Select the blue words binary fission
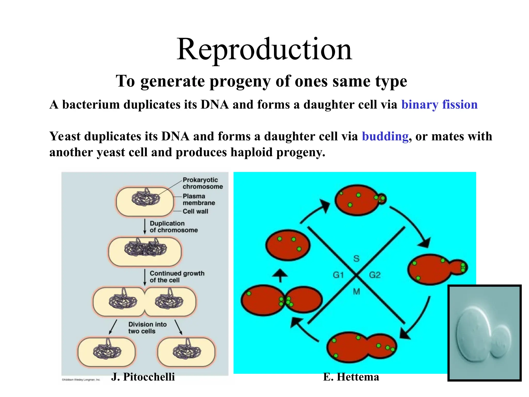pos(439,105)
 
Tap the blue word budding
pos(385,136)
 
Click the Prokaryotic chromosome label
pos(203,183)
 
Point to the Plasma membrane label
pos(199,199)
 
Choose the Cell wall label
pos(195,211)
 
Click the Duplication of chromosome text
pos(174,227)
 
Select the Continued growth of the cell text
pos(177,277)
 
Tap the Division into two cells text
pos(147,327)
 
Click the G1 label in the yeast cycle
pos(338,275)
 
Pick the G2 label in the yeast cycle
pos(375,275)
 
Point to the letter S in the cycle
pos(356,258)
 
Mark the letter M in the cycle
pos(356,292)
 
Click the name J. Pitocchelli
pos(143,377)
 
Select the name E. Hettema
pos(351,377)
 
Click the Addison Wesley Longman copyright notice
pos(81,380)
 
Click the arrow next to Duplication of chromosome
pos(145,227)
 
